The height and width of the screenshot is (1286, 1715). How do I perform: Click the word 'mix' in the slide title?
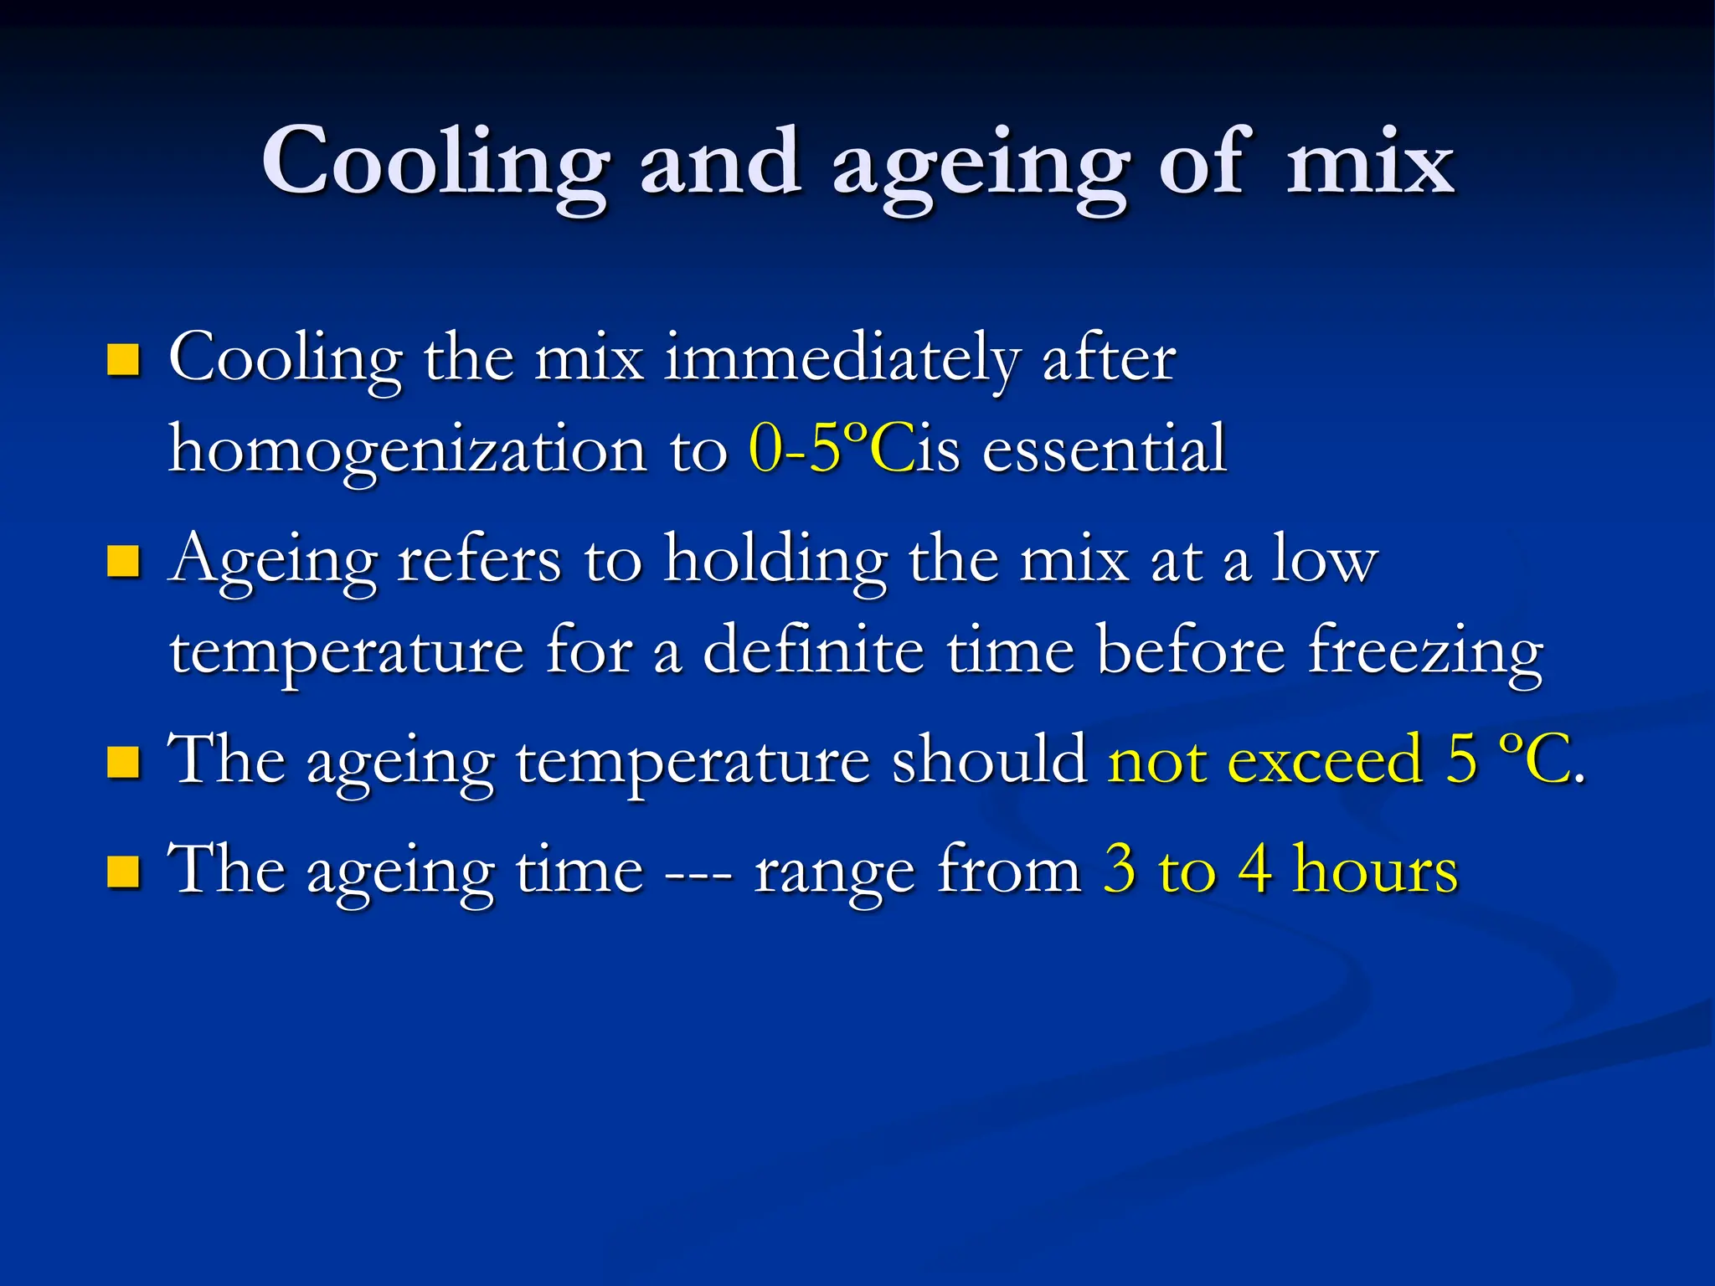1370,162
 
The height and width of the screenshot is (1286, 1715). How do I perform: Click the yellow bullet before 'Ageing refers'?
124,562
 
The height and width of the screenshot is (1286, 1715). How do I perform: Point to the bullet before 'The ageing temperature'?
124,762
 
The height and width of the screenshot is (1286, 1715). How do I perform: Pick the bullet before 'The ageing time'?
124,872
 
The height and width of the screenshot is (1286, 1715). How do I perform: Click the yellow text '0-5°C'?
830,450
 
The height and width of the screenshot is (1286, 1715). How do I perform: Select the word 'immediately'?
842,360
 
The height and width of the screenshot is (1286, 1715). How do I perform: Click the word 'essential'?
1105,450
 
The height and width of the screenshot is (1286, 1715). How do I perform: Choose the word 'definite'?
813,651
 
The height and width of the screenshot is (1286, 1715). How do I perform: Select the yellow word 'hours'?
1375,870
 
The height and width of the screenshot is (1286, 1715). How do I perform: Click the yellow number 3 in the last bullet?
1120,870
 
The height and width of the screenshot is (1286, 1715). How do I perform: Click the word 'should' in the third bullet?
989,760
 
